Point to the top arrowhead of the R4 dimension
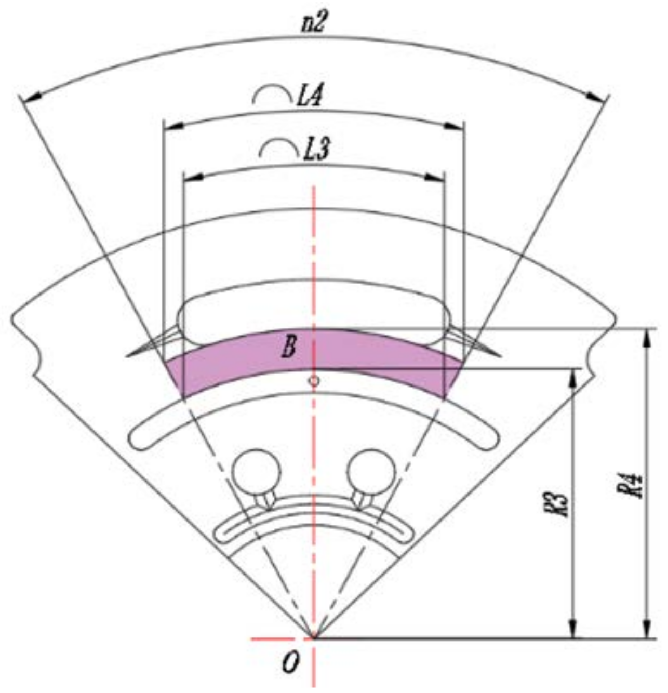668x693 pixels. pos(647,338)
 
